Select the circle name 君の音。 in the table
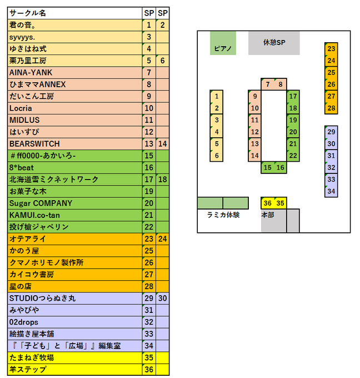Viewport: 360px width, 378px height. click(x=23, y=25)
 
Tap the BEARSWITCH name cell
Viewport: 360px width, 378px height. click(x=34, y=144)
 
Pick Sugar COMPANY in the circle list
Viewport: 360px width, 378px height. click(x=41, y=203)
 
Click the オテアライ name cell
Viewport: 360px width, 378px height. click(x=28, y=239)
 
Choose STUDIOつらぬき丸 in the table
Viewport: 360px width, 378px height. click(x=42, y=299)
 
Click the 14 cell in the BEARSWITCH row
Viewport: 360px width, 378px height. click(x=163, y=144)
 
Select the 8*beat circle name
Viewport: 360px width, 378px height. click(x=22, y=167)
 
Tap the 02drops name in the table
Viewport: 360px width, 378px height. click(x=24, y=322)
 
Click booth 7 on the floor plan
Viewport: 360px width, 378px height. click(x=267, y=84)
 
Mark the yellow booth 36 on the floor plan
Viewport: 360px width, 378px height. click(x=267, y=203)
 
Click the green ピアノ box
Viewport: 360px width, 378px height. click(x=223, y=43)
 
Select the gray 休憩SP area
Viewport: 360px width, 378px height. click(x=274, y=43)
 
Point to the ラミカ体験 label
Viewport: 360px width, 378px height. click(x=223, y=215)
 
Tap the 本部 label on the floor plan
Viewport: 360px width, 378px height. click(x=268, y=215)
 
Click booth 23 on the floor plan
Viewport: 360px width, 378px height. click(x=331, y=49)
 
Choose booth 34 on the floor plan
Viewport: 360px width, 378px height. click(x=331, y=191)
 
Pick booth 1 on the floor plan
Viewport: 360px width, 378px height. click(x=217, y=96)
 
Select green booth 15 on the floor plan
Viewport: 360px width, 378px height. click(x=267, y=167)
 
